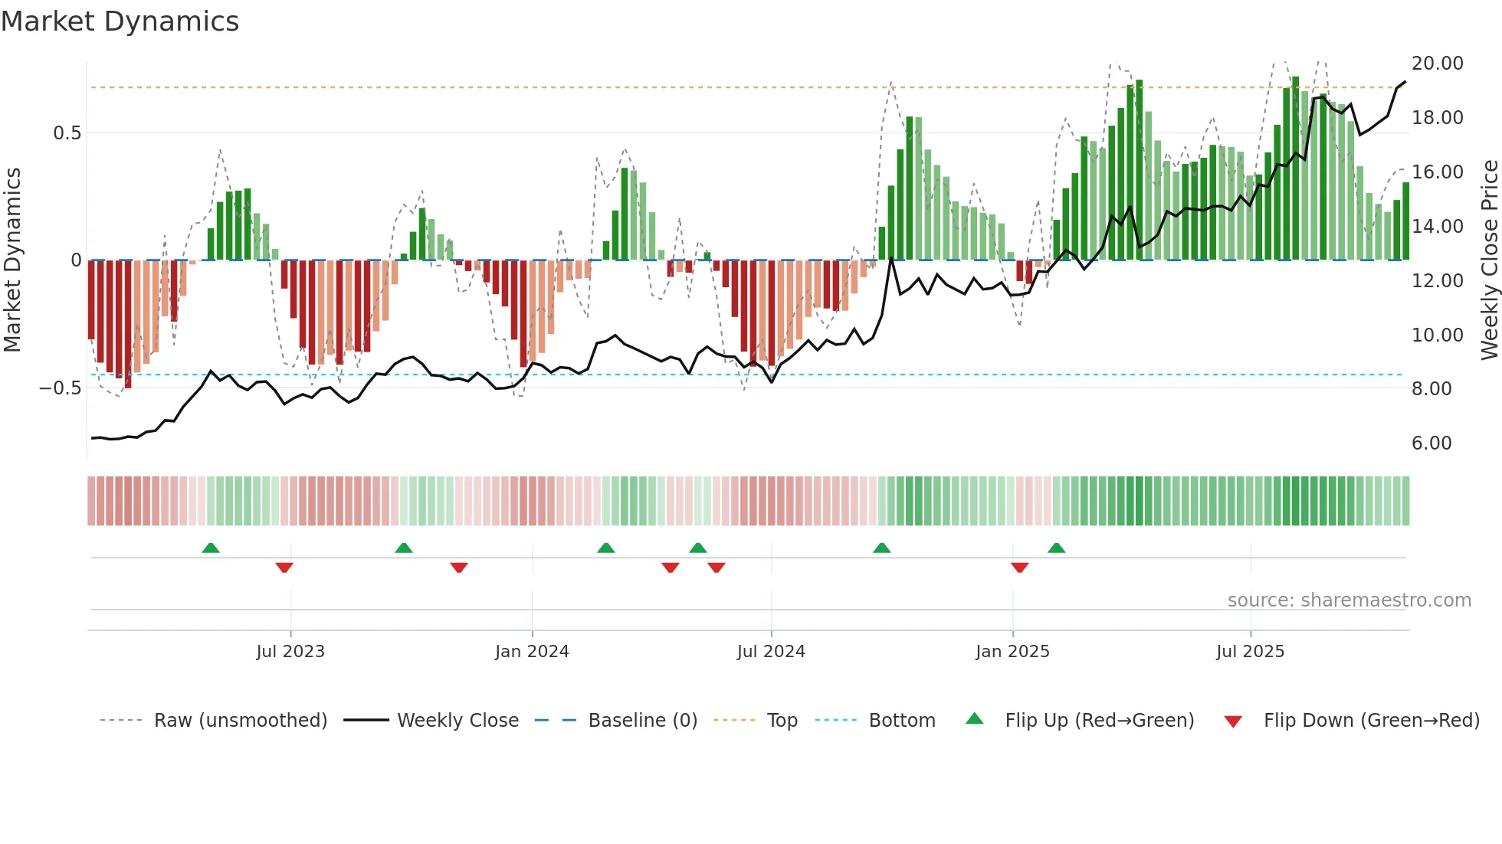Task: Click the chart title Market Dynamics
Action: pyautogui.click(x=120, y=21)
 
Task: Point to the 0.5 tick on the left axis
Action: pyautogui.click(x=67, y=133)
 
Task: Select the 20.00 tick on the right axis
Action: pyautogui.click(x=1437, y=64)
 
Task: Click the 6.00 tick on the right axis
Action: pyautogui.click(x=1431, y=443)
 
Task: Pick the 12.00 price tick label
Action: pyautogui.click(x=1437, y=281)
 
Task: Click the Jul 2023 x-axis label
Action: pyautogui.click(x=290, y=652)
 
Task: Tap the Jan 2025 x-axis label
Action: pyautogui.click(x=1012, y=652)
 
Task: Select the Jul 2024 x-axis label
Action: pyautogui.click(x=771, y=652)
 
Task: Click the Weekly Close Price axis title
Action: pyautogui.click(x=1489, y=260)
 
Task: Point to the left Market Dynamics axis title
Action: pyautogui.click(x=12, y=260)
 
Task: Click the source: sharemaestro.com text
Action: pyautogui.click(x=1349, y=600)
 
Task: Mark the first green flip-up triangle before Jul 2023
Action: pyautogui.click(x=211, y=548)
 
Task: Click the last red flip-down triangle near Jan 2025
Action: pyautogui.click(x=1019, y=568)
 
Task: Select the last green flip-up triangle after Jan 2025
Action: pyautogui.click(x=1056, y=548)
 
